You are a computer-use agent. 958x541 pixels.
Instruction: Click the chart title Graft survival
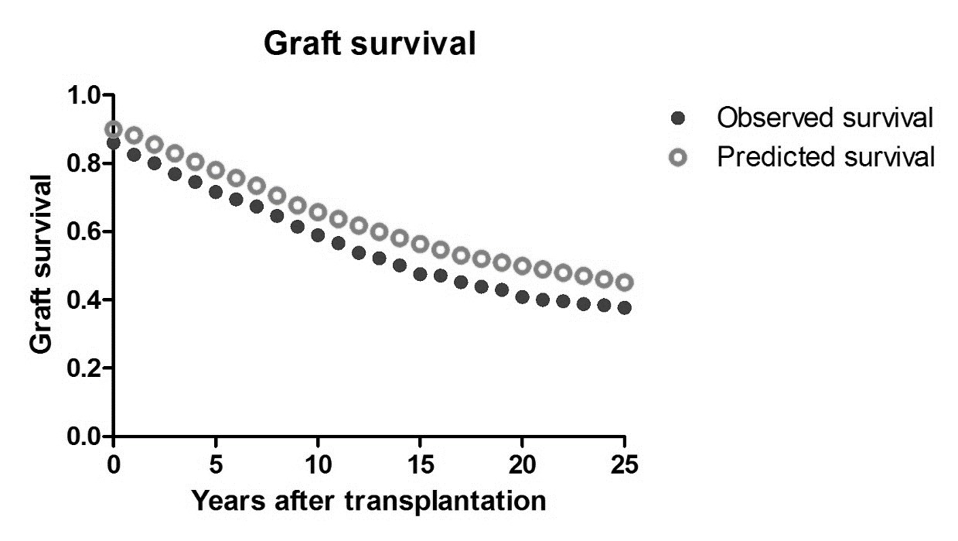[369, 44]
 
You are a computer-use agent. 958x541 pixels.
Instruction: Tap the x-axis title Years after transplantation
[369, 501]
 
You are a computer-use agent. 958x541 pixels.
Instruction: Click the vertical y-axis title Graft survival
[43, 265]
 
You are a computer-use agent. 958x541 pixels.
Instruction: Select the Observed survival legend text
[826, 118]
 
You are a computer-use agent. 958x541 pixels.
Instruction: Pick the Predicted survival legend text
[826, 156]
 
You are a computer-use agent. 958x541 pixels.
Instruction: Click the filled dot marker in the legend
[679, 118]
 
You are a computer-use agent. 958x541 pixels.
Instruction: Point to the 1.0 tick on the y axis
[87, 96]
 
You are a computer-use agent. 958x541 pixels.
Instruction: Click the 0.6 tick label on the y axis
[87, 232]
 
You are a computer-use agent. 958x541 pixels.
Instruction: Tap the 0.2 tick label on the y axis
[87, 369]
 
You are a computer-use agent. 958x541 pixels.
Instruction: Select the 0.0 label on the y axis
[87, 437]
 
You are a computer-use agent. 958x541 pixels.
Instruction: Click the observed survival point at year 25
[624, 308]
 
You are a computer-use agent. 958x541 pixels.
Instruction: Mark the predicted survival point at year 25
[624, 282]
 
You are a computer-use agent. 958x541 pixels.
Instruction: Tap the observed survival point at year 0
[114, 142]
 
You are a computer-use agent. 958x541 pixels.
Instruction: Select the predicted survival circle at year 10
[318, 212]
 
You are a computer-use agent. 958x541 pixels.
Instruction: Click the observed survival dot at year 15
[420, 274]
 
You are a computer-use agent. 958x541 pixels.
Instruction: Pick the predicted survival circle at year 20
[522, 266]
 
